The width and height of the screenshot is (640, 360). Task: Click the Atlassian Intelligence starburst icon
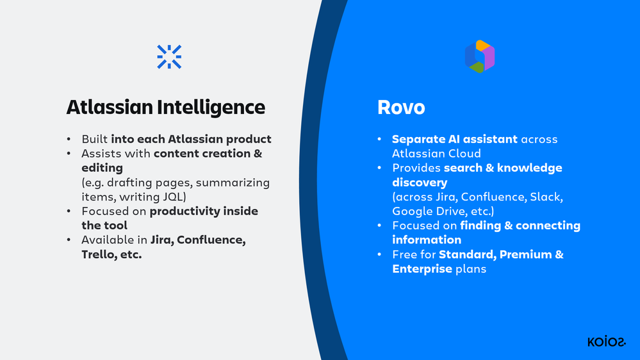coord(169,57)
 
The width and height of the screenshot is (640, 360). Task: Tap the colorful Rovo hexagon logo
coord(480,56)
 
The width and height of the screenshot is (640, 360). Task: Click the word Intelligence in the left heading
coord(211,108)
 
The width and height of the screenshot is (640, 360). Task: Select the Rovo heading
coord(401,108)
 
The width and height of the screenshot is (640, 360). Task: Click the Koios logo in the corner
coord(607,341)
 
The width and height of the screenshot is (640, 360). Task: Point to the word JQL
coord(174,197)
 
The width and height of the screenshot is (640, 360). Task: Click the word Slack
coord(546,197)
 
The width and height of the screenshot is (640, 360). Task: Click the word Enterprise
coord(422,269)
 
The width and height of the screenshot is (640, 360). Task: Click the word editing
coord(102,168)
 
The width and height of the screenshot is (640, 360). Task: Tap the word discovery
coord(420,183)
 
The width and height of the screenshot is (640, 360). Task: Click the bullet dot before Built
coord(69,140)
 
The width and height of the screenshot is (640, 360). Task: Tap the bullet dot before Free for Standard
coord(379,255)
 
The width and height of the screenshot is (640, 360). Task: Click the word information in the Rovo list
coord(427,240)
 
